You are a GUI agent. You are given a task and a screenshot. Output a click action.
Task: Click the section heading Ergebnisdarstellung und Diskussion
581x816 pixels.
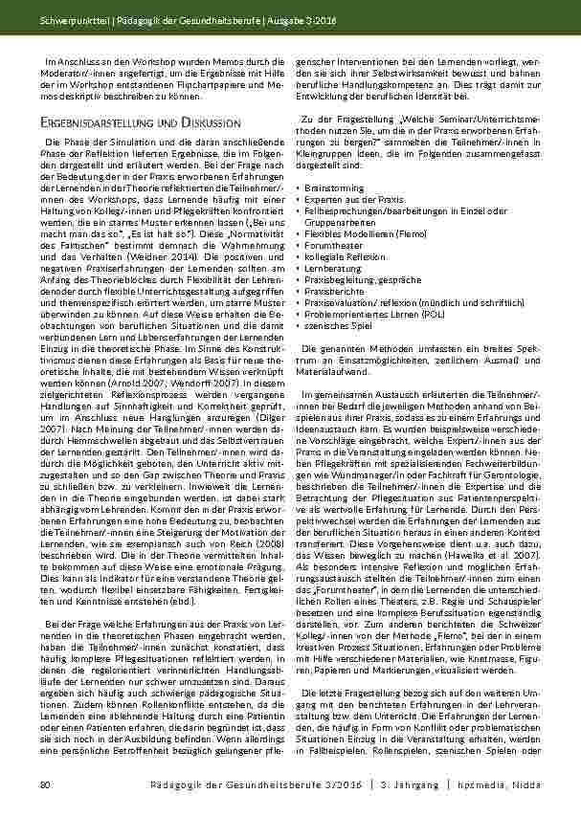coord(139,123)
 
